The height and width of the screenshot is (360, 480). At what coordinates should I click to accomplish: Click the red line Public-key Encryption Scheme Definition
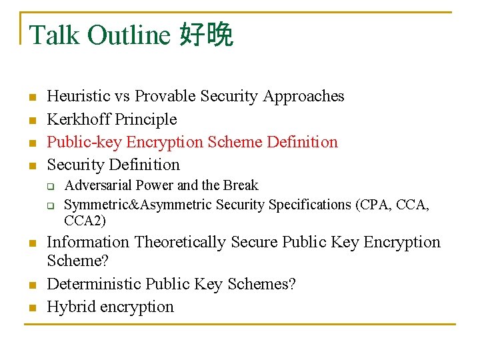click(192, 142)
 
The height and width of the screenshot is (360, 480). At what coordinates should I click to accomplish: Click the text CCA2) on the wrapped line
click(85, 221)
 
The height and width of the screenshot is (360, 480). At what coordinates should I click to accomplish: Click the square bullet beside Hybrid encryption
click(31, 308)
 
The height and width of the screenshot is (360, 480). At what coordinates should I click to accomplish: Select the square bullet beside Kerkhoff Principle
click(31, 121)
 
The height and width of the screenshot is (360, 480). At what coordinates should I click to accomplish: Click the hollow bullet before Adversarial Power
click(50, 186)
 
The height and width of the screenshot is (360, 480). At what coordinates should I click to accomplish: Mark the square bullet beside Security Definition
click(31, 165)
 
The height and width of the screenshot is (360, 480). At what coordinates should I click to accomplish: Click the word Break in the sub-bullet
click(241, 185)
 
